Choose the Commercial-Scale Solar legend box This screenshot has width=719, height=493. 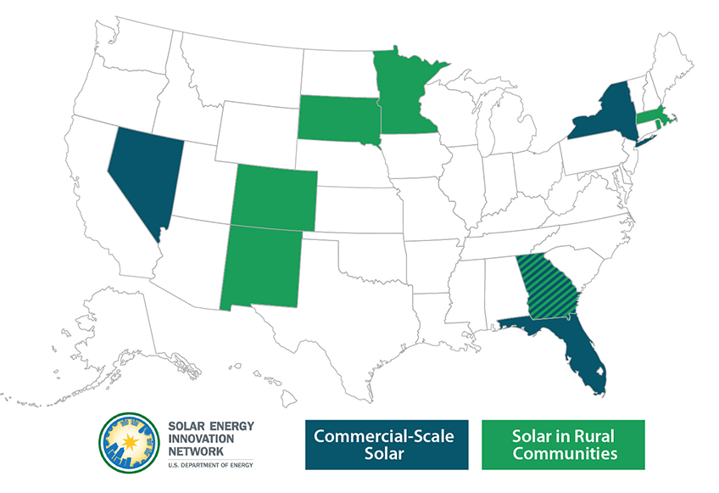click(x=385, y=445)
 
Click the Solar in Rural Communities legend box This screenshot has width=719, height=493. click(x=563, y=445)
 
